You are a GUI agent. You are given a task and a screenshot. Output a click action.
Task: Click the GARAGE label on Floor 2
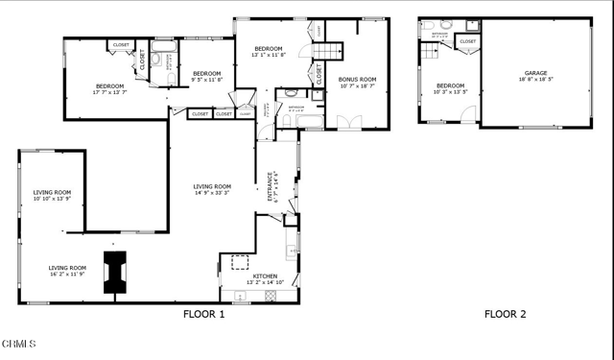[x=535, y=74]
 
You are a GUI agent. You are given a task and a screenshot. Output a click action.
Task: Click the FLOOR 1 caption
[x=203, y=314]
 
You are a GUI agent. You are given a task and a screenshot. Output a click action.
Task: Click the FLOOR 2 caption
[x=505, y=314]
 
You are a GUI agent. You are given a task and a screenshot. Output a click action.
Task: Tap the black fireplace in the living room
[x=116, y=271]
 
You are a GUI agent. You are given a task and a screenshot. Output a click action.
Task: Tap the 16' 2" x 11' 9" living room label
[x=68, y=271]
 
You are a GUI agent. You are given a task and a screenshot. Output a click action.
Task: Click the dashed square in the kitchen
[x=239, y=260]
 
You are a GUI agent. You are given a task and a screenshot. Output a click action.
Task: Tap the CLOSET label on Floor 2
[x=467, y=42]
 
